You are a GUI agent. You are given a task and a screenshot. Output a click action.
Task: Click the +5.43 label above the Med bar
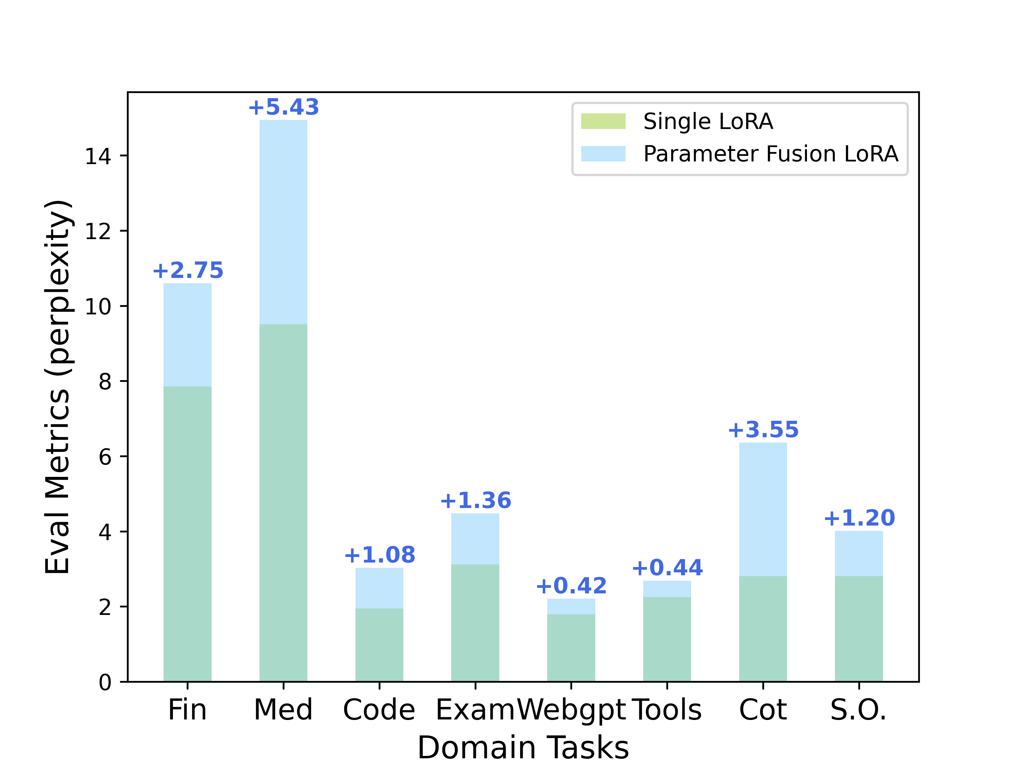283,107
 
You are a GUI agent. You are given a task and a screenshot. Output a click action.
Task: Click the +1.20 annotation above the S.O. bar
859,518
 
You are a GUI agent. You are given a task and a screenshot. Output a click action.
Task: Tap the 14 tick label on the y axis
98,156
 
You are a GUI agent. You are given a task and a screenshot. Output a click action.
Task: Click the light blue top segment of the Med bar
283,222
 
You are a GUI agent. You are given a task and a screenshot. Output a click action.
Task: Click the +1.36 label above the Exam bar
475,501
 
